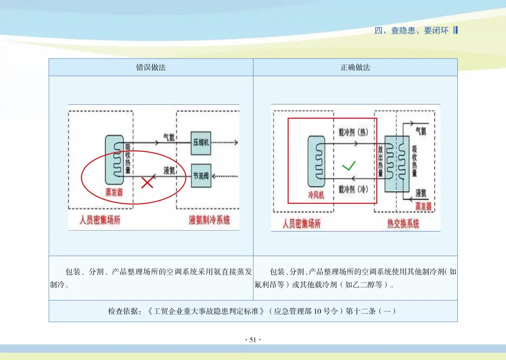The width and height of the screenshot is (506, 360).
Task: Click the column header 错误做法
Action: pyautogui.click(x=151, y=67)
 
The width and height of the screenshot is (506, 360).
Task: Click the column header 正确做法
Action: pyautogui.click(x=355, y=67)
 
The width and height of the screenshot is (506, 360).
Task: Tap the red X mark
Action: pyautogui.click(x=148, y=182)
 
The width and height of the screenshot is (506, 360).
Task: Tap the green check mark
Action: pyautogui.click(x=349, y=165)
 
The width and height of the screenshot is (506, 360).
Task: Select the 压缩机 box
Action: pyautogui.click(x=201, y=143)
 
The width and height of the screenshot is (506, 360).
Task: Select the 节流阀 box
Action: pyautogui.click(x=201, y=176)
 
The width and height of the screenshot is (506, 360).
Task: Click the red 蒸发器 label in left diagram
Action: pyautogui.click(x=114, y=192)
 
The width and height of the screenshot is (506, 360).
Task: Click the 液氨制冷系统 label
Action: pyautogui.click(x=209, y=220)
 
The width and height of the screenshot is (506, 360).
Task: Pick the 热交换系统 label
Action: pyautogui.click(x=403, y=223)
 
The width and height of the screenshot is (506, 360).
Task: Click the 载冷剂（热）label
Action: pyautogui.click(x=354, y=132)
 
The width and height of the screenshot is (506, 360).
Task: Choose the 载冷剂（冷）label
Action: pyautogui.click(x=354, y=189)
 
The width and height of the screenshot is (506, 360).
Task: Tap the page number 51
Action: pyautogui.click(x=253, y=340)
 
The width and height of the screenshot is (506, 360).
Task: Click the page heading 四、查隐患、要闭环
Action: pyautogui.click(x=411, y=31)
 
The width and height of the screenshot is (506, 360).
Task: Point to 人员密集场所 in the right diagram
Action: pyautogui.click(x=301, y=223)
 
